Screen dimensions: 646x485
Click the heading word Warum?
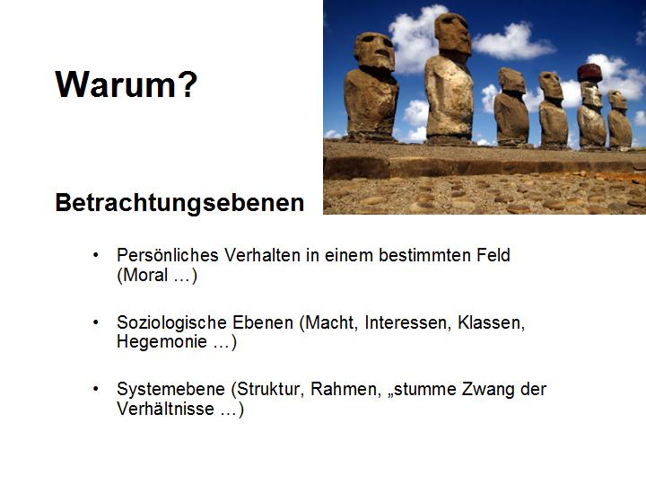[x=127, y=84]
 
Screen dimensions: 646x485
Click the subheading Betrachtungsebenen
[x=179, y=202]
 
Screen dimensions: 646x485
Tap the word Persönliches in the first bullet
[x=167, y=255]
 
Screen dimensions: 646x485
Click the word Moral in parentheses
[x=145, y=275]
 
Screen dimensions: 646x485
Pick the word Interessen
[x=406, y=322]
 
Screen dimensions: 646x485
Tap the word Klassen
[x=491, y=322]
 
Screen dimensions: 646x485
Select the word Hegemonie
[x=161, y=341]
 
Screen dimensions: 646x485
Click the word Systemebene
[x=171, y=389]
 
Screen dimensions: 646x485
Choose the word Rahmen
[x=345, y=389]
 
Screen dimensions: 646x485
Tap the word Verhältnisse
[x=166, y=409]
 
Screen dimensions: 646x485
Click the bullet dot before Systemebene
[x=96, y=389]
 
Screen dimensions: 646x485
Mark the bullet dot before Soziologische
[x=96, y=322]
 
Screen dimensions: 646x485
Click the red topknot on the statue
[x=589, y=73]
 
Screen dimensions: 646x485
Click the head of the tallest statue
[x=453, y=35]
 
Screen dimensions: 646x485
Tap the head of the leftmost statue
[x=374, y=51]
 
